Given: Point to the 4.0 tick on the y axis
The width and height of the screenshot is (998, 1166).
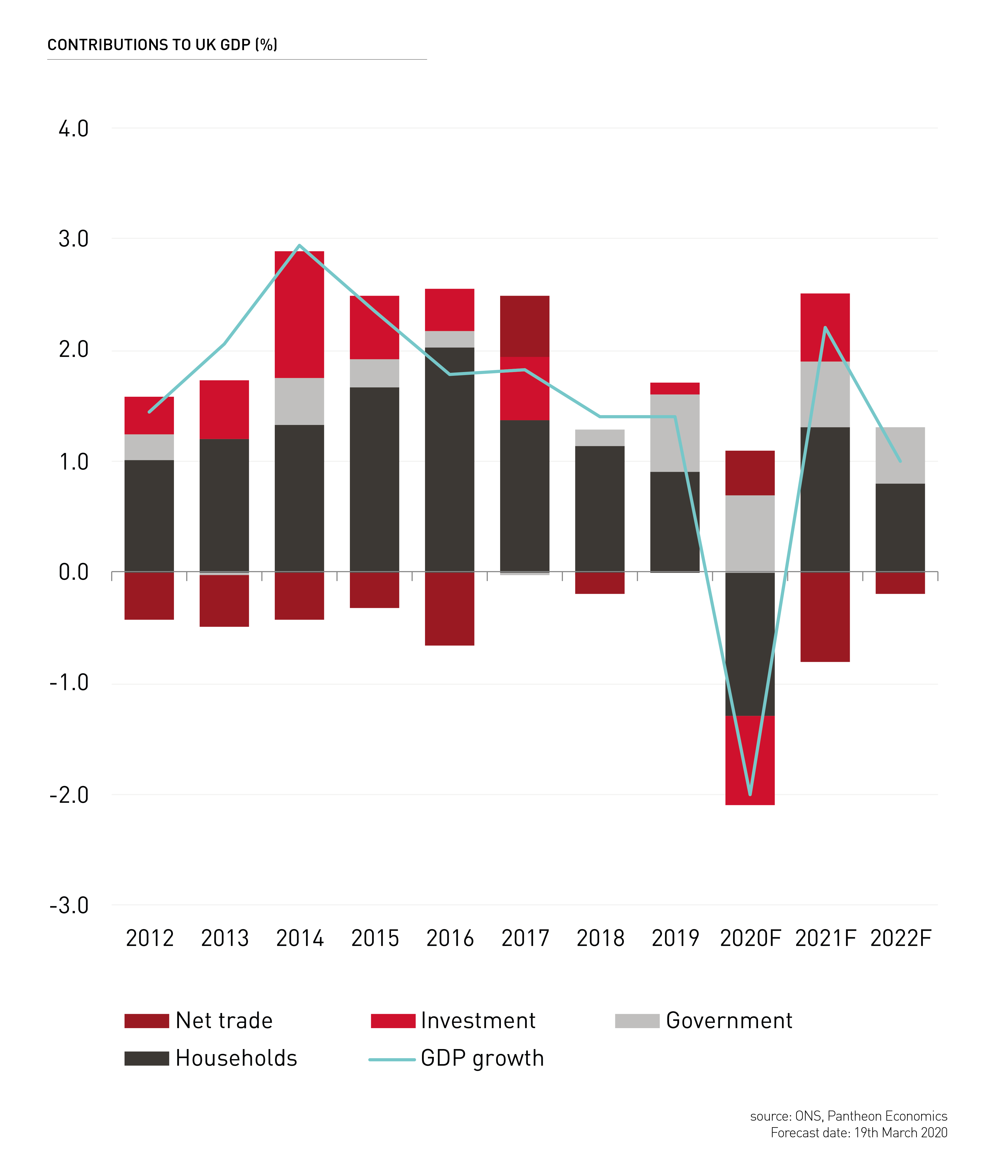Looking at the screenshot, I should (74, 129).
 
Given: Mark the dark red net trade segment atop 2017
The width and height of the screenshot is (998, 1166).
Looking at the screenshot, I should (525, 326).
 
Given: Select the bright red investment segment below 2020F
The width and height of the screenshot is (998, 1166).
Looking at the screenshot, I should (750, 760).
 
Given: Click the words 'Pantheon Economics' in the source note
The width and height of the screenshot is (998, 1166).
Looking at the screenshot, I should (887, 1116).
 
